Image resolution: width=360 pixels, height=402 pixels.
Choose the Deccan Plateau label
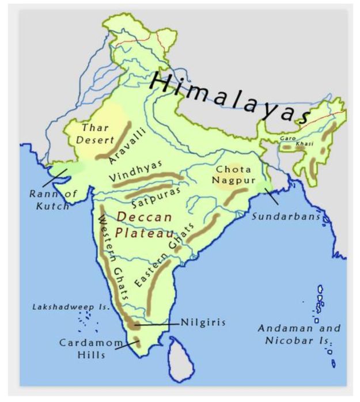(x=143, y=225)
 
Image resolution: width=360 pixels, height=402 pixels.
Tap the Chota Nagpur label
(x=232, y=175)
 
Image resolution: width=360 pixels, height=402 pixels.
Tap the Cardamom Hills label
(x=91, y=348)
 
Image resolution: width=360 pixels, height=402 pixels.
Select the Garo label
(x=287, y=139)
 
